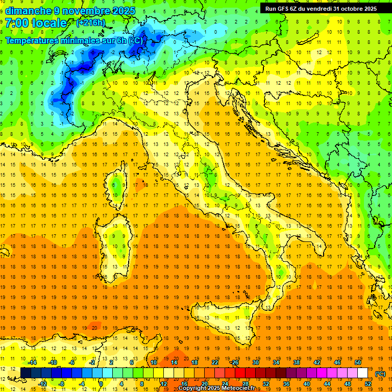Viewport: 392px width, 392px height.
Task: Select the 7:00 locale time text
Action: click(x=36, y=23)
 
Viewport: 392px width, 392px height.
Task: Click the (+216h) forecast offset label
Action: click(x=91, y=23)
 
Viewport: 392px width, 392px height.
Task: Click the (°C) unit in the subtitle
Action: click(x=135, y=40)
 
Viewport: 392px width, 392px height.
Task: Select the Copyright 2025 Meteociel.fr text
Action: click(x=220, y=388)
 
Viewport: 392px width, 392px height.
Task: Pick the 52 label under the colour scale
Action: click(x=368, y=384)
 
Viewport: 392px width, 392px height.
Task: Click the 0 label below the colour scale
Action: click(x=101, y=384)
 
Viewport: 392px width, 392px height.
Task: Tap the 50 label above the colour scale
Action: click(x=358, y=362)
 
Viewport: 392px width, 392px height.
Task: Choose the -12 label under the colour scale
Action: click(x=42, y=384)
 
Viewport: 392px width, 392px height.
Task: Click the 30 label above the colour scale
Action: click(x=255, y=362)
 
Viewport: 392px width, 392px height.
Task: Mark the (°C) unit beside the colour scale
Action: click(x=380, y=373)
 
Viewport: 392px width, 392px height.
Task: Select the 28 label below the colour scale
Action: click(x=245, y=384)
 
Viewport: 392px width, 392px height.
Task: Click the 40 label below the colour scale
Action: click(x=307, y=384)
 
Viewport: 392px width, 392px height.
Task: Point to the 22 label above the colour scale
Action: click(x=214, y=362)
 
